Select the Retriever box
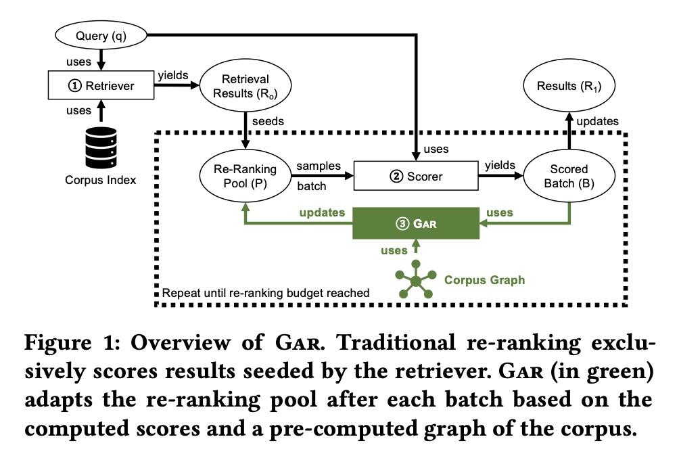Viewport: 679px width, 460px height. [x=101, y=85]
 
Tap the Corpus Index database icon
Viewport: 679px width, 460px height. [x=101, y=147]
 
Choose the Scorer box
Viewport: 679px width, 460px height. [x=416, y=176]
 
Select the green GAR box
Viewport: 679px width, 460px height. [x=416, y=223]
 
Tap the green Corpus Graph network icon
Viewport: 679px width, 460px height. [x=416, y=280]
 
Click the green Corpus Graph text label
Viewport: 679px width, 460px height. [x=485, y=280]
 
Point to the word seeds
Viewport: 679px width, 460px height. [x=268, y=121]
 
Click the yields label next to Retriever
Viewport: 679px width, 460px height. [x=173, y=75]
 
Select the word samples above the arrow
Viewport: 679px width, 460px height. [x=319, y=166]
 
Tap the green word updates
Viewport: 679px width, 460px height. [x=322, y=212]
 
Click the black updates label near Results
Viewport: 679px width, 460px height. [x=598, y=121]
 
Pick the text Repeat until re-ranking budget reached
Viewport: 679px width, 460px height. [x=266, y=293]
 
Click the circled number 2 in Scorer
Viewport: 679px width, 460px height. [x=396, y=177]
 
